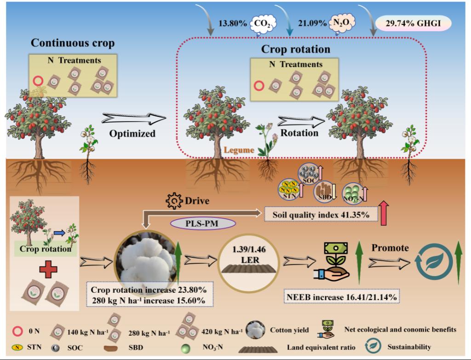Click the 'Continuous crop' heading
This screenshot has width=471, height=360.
(x=73, y=44)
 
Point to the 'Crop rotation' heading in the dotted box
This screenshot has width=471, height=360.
(x=295, y=49)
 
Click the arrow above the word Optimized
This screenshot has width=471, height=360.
(x=133, y=119)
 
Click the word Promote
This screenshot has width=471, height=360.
(x=390, y=248)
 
